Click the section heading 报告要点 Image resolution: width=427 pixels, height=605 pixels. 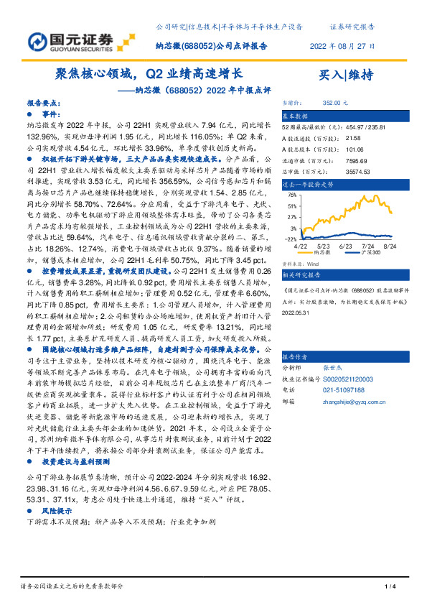click(43, 103)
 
